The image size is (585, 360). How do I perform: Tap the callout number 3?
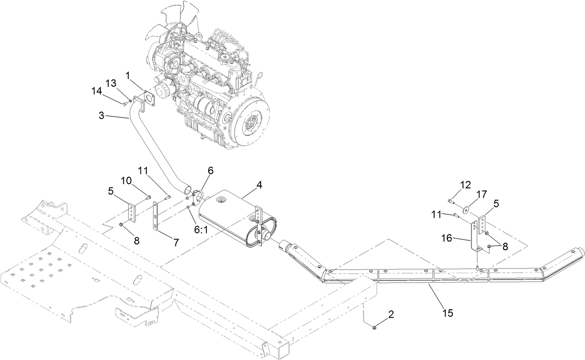(x=101, y=116)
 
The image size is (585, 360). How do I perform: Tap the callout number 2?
(x=391, y=314)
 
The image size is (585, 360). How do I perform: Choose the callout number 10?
(x=127, y=180)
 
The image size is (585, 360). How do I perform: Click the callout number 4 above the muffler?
(x=259, y=184)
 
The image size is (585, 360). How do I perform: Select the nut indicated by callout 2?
(x=374, y=328)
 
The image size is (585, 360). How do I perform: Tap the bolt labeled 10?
(x=148, y=198)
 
